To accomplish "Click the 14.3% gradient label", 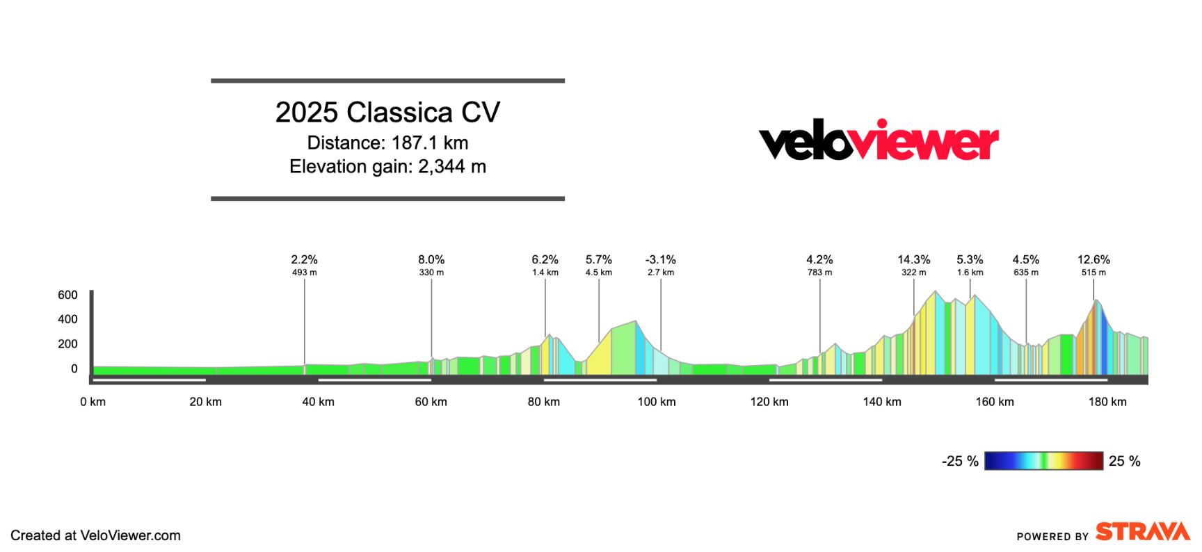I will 913,260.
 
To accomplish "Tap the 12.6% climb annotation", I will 1093,260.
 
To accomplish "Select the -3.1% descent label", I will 660,260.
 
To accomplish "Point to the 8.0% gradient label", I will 431,260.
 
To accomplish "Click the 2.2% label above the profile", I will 304,260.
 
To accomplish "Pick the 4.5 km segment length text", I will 598,273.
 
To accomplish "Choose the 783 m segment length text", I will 819,273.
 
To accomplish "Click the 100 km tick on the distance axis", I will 657,402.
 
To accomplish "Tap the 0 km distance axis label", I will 93,402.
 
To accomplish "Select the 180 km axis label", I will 1107,402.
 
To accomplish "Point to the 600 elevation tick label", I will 67,295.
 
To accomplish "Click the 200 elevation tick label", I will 67,344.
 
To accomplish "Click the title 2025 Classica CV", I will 387,113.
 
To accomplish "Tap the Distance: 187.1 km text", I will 387,143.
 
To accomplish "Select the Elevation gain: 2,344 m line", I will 387,167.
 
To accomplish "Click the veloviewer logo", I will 879,141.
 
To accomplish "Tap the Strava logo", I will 1143,532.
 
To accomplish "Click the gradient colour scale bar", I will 1043,461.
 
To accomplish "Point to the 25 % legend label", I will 1124,461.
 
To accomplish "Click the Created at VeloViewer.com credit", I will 95,535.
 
